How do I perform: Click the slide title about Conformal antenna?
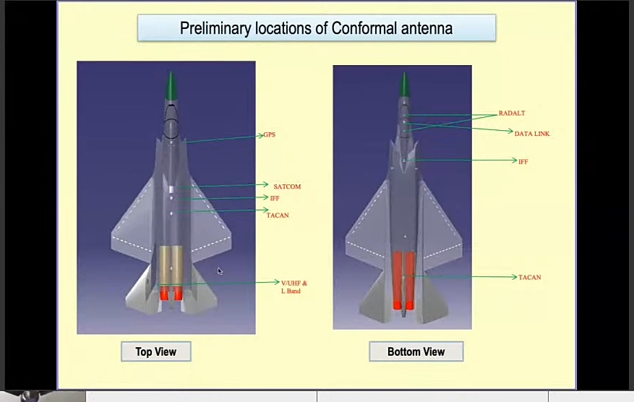pyautogui.click(x=316, y=28)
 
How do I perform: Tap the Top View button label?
pyautogui.click(x=155, y=351)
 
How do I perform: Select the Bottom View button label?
pyautogui.click(x=416, y=351)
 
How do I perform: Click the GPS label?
pyautogui.click(x=269, y=134)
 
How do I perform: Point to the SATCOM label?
pyautogui.click(x=287, y=187)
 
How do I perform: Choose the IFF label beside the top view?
pyautogui.click(x=275, y=198)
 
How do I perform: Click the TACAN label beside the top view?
pyautogui.click(x=278, y=215)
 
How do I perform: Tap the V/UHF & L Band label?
pyautogui.click(x=294, y=286)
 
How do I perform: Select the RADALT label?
pyautogui.click(x=512, y=114)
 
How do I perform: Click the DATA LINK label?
pyautogui.click(x=532, y=134)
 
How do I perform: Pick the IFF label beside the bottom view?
pyautogui.click(x=523, y=162)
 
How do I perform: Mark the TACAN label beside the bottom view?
pyautogui.click(x=530, y=278)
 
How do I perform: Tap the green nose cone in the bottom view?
pyautogui.click(x=405, y=85)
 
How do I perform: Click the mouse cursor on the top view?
pyautogui.click(x=220, y=271)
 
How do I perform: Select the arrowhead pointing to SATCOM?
pyautogui.click(x=265, y=185)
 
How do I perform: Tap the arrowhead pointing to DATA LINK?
pyautogui.click(x=510, y=132)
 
